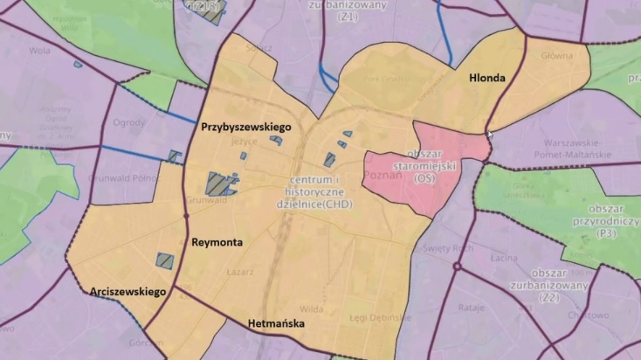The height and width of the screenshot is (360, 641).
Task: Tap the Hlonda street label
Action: [x=486, y=78]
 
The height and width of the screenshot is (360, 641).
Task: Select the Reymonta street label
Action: [x=217, y=242]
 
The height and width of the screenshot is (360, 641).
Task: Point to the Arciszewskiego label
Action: [x=128, y=292]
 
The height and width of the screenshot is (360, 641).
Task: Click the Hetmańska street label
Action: [x=276, y=324]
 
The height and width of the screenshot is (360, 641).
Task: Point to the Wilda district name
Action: [x=313, y=308]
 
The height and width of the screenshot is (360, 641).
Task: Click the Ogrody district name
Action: [x=129, y=122]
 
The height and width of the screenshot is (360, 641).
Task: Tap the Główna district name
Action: [x=555, y=54]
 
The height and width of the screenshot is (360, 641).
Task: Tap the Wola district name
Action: [x=39, y=51]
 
